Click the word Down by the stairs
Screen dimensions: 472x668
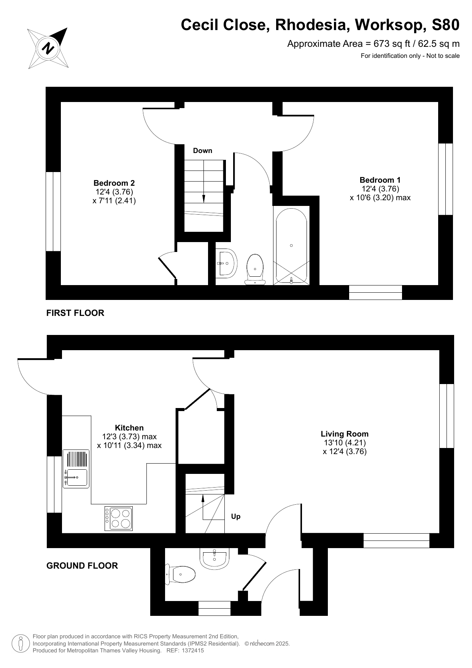202,151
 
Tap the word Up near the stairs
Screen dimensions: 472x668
236,517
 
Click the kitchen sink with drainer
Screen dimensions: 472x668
76,469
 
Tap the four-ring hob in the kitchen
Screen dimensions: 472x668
119,518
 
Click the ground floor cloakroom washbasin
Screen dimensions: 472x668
214,558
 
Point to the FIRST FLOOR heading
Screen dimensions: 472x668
75,313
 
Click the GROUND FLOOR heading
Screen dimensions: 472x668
82,566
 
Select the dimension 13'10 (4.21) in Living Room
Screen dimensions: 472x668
345,443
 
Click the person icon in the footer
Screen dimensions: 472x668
21,644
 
